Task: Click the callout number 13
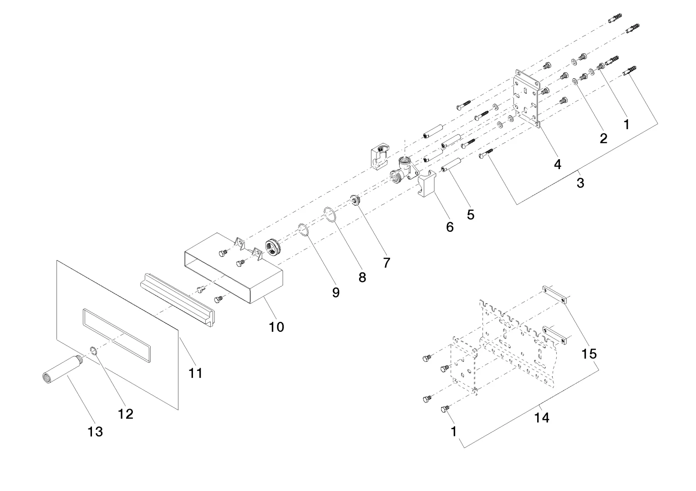[96, 431]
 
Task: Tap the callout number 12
[126, 413]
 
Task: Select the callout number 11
[195, 373]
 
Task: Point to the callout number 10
[277, 326]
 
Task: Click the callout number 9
[335, 292]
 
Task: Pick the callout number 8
[362, 277]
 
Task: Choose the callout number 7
[386, 262]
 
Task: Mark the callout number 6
[450, 227]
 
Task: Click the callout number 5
[471, 214]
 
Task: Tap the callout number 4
[558, 164]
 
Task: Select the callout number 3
[580, 183]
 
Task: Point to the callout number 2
[604, 138]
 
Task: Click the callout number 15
[589, 353]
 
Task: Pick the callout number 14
[542, 417]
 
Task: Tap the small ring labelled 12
[93, 350]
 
